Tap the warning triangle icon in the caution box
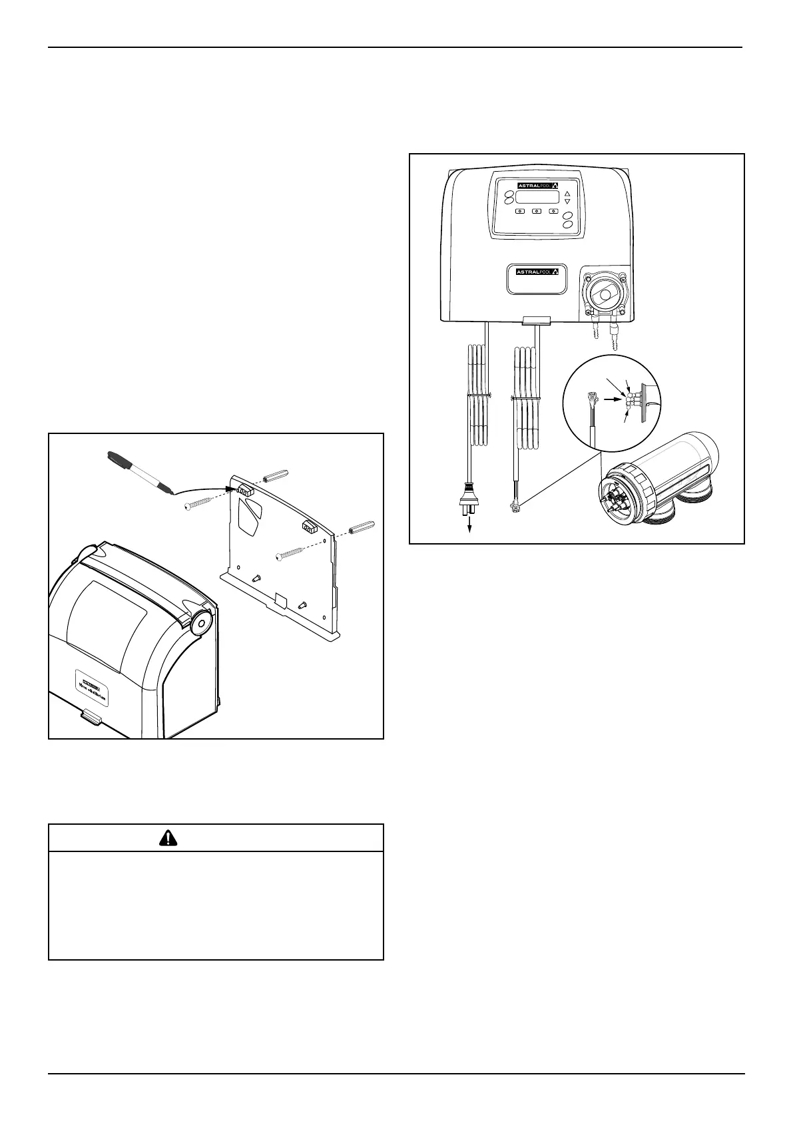(168, 837)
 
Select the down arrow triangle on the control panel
(567, 201)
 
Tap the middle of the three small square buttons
(537, 212)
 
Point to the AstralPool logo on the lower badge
(537, 272)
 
